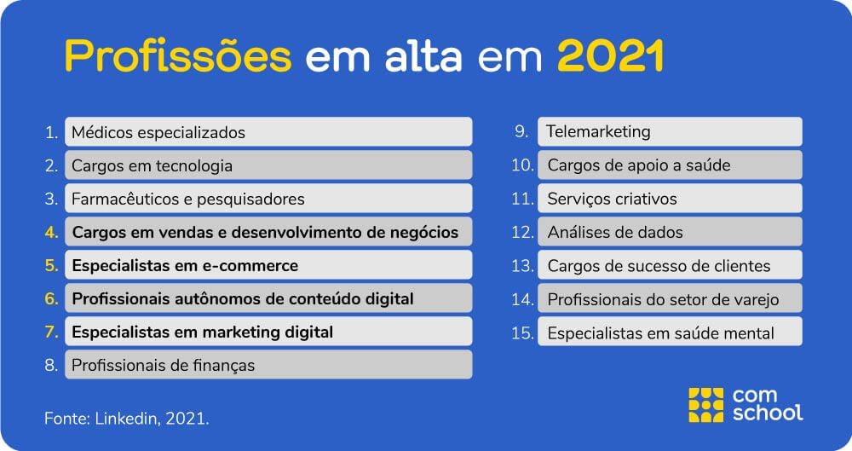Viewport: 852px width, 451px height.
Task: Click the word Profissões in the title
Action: [x=178, y=56]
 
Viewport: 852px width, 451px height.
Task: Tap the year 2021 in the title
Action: [x=610, y=55]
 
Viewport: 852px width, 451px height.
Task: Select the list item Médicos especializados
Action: [x=268, y=131]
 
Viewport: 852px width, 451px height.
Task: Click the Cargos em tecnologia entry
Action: [x=268, y=165]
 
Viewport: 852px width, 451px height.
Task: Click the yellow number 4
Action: [x=51, y=232]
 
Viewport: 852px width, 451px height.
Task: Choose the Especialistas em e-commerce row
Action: [x=268, y=265]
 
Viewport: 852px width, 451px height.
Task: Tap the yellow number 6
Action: [x=51, y=298]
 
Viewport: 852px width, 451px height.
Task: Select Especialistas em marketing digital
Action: [x=268, y=332]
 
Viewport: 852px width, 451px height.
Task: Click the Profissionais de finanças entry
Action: [x=268, y=365]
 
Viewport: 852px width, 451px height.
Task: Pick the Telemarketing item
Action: [x=670, y=131]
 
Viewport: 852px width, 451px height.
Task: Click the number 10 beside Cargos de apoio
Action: [x=523, y=165]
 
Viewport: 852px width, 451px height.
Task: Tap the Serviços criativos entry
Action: [x=670, y=199]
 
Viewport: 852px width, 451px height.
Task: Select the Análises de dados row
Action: [x=670, y=232]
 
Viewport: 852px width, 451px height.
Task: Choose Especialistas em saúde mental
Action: [x=670, y=332]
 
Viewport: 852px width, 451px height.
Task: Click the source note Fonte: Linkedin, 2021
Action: [x=127, y=419]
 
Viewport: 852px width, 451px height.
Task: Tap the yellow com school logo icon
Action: [x=705, y=405]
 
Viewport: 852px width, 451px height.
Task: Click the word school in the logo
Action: [x=768, y=413]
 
